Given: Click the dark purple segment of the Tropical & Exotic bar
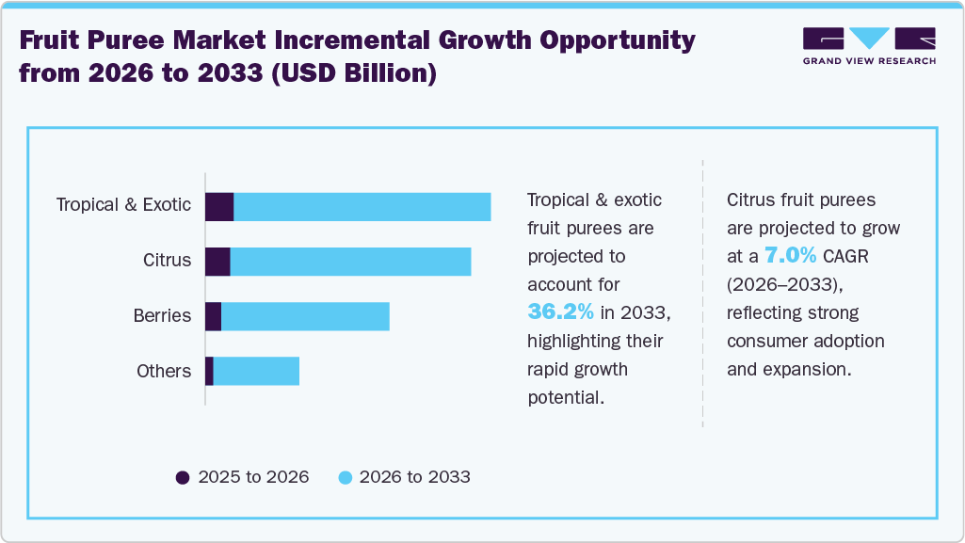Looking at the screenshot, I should point(219,206).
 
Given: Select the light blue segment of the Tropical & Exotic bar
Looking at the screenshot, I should point(362,206).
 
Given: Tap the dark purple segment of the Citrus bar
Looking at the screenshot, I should point(217,262).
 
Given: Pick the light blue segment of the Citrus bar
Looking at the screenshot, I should point(350,262).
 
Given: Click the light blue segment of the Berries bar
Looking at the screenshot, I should point(305,317).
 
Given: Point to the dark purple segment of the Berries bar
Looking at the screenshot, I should point(213,317).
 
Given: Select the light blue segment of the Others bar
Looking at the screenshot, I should point(256,372).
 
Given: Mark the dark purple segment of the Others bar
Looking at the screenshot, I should point(209,372).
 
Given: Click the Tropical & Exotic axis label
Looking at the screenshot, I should point(123,205).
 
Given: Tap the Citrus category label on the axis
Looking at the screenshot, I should point(167,261).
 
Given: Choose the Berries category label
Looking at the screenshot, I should point(162,316).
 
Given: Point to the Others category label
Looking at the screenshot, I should point(164,372).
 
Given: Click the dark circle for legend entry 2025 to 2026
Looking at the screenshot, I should point(183,477).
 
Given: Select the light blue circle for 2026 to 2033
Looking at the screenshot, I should point(344,477).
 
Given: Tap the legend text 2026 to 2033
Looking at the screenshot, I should point(414,477).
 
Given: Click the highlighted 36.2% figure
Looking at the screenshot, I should point(560,311).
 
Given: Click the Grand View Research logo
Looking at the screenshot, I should point(869,46).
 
